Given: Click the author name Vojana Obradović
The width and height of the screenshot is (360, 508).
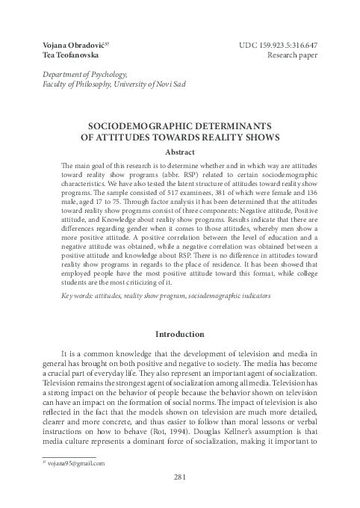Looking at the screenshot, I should [64, 46].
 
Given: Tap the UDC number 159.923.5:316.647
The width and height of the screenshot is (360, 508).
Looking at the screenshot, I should [282, 46].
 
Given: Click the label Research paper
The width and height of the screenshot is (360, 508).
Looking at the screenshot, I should [299, 57].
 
